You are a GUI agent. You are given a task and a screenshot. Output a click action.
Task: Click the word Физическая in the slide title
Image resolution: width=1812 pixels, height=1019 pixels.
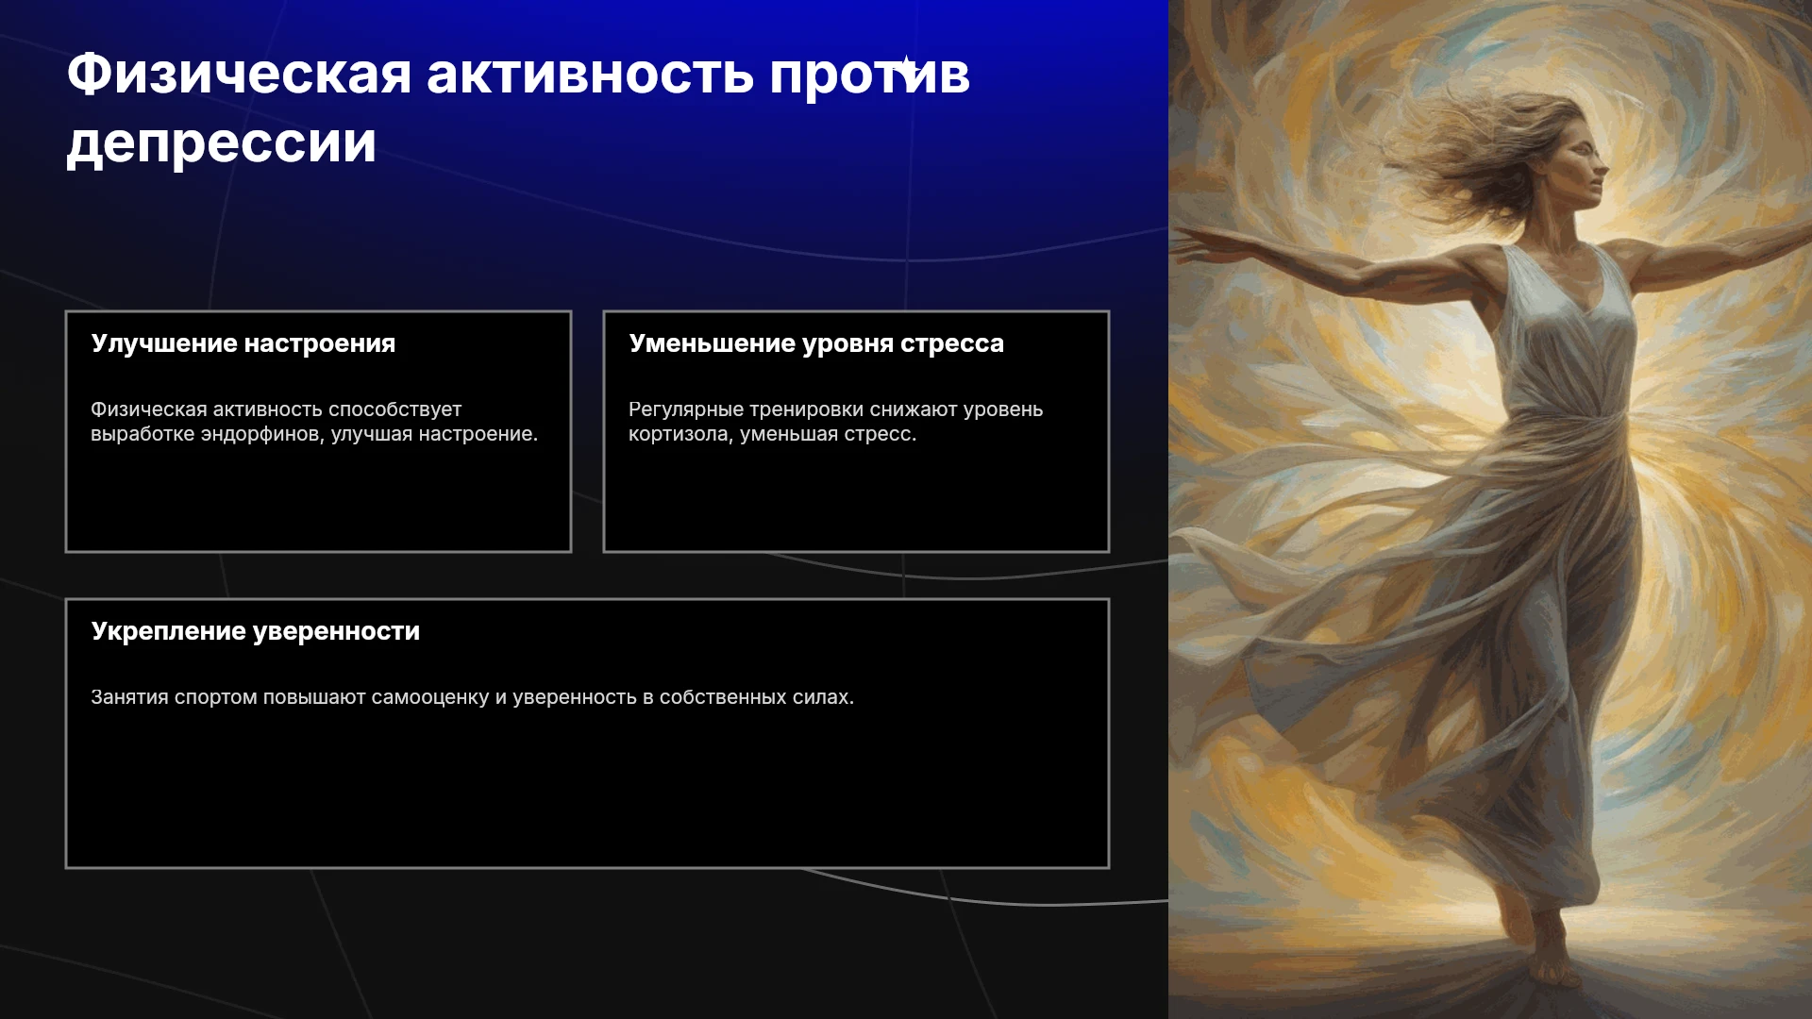240,75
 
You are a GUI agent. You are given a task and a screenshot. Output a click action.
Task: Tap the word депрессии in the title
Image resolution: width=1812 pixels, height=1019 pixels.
222,144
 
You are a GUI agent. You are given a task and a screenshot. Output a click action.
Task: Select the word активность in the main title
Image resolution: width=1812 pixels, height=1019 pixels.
591,75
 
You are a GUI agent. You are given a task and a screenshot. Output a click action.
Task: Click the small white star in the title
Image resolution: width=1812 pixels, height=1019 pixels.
906,68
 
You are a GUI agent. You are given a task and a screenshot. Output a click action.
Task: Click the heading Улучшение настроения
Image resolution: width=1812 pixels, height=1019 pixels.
243,343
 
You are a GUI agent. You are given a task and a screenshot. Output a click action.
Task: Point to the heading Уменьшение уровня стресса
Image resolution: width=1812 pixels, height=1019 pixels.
816,343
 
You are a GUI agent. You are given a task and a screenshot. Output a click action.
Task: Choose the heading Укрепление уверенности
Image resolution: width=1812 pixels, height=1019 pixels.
256,631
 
